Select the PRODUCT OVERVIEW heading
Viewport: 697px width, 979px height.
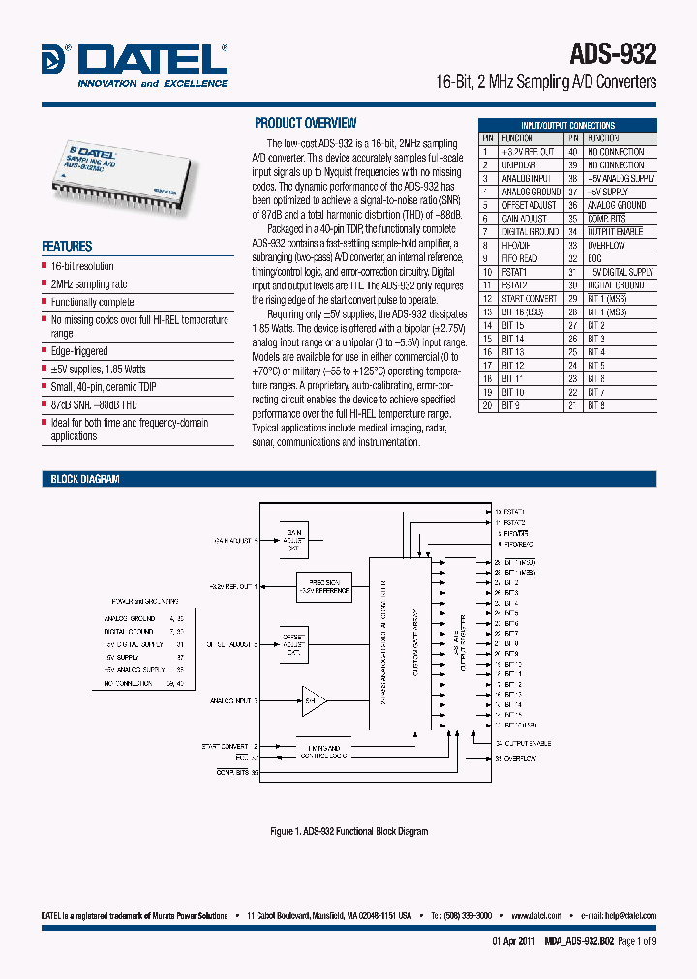click(x=305, y=123)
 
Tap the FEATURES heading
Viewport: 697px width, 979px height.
click(x=67, y=246)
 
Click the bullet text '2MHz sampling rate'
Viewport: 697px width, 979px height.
click(x=88, y=284)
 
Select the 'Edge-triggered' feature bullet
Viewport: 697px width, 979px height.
click(x=79, y=351)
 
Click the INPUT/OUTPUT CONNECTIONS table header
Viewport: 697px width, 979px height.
click(x=567, y=125)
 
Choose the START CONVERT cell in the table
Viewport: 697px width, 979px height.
click(x=528, y=299)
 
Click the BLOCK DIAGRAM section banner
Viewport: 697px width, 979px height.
click(x=84, y=479)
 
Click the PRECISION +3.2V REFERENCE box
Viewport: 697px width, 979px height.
click(x=324, y=586)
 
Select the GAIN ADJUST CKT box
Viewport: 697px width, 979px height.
click(x=293, y=538)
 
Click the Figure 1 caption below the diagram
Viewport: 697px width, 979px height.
click(x=348, y=831)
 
